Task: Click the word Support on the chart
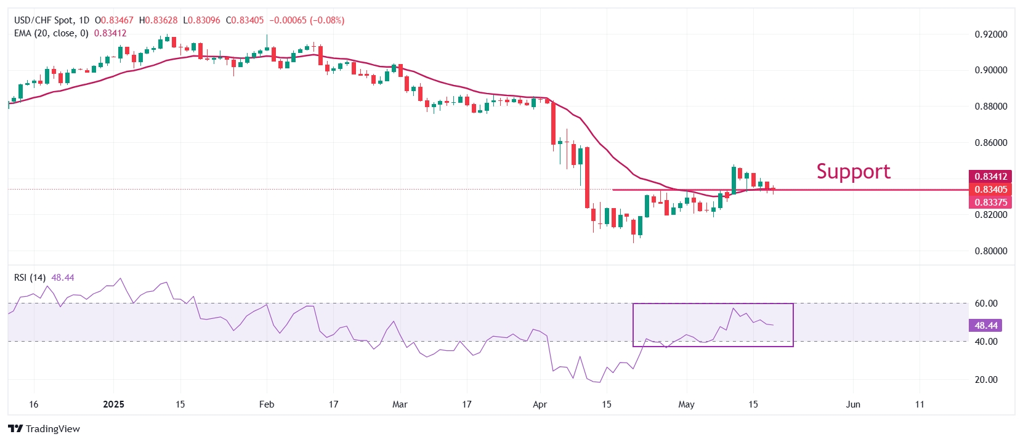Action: [853, 171]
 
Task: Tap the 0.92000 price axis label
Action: [990, 34]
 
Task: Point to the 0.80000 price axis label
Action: [990, 251]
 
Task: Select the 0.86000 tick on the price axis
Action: [990, 143]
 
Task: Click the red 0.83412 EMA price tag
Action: [990, 177]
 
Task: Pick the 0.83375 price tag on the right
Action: [990, 203]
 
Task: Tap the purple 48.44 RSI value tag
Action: [985, 326]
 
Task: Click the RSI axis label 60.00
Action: [986, 303]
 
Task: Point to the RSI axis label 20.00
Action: [986, 380]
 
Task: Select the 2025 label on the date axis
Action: [113, 404]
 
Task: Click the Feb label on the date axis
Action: [266, 404]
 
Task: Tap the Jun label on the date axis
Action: [852, 404]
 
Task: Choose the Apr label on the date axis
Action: [540, 404]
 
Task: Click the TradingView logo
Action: [44, 429]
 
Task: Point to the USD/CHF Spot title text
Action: [42, 20]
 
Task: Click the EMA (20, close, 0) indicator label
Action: [51, 33]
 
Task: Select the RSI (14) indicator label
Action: [30, 278]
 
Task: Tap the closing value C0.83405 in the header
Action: [245, 20]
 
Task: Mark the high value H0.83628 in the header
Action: [158, 20]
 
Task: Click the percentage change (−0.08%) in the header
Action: [326, 20]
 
